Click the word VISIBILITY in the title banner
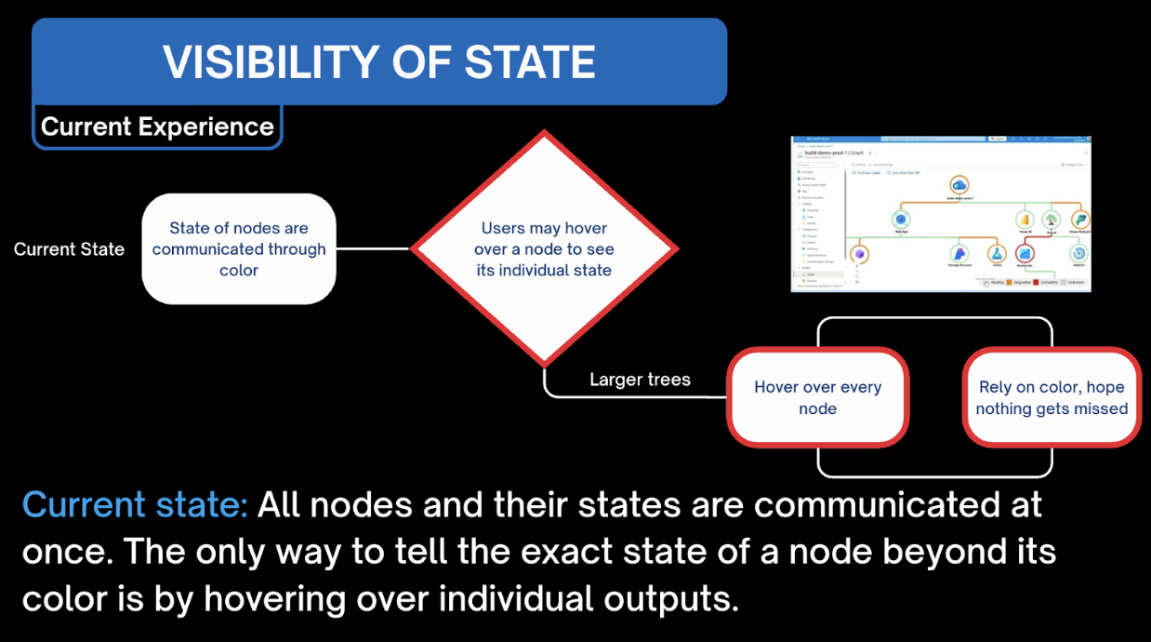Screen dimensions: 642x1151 coord(271,62)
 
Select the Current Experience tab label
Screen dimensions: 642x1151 coord(157,127)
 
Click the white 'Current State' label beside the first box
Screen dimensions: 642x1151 coord(69,249)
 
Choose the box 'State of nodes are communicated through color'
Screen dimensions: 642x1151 coord(239,249)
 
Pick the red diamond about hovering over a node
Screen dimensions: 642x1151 coord(544,248)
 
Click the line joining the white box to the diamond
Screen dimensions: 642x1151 coord(373,248)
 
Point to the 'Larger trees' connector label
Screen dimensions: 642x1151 coord(640,380)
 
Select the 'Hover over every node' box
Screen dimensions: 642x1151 coord(817,398)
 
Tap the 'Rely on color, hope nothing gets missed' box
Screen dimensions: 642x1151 coord(1052,398)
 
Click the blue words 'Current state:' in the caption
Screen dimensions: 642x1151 coord(135,505)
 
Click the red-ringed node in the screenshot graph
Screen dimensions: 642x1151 coord(1025,252)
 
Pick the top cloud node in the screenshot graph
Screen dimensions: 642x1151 coord(959,186)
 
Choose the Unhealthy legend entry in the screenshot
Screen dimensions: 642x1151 coord(1048,282)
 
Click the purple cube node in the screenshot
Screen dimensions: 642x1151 coord(861,254)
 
